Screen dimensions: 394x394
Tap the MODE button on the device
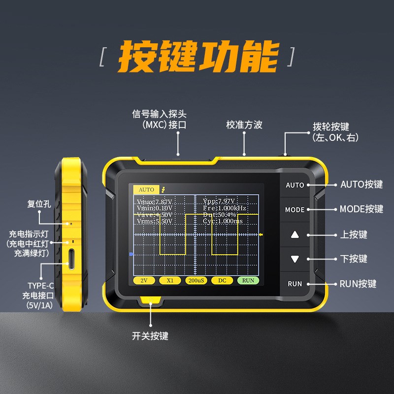[295, 210]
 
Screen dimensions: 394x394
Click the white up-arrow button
[295, 234]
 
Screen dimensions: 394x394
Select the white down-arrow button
[295, 259]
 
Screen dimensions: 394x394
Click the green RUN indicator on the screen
[248, 280]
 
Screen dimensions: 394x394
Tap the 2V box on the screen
[144, 280]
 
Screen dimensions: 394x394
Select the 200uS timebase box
[196, 280]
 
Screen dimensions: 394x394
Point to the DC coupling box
[222, 280]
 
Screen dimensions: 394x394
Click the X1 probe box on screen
[170, 280]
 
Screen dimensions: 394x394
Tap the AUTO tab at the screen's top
[146, 190]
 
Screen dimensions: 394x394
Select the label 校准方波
[244, 125]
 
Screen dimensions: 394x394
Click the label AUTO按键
[361, 185]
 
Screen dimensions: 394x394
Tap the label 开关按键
[150, 336]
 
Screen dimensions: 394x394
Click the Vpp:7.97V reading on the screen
[220, 201]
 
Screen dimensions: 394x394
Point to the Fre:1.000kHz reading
[225, 208]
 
